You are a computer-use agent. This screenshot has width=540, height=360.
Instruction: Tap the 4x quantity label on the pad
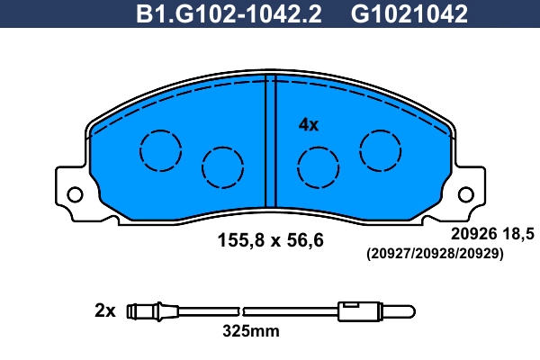309,125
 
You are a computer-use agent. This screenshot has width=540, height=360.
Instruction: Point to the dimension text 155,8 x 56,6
270,240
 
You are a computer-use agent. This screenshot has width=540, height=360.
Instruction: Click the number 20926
472,234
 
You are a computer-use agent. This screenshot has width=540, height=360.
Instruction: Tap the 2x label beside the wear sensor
105,311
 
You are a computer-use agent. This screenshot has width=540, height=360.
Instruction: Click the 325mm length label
251,331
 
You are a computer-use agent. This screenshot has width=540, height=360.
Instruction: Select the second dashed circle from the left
222,166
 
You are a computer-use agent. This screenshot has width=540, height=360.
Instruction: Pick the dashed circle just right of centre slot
318,166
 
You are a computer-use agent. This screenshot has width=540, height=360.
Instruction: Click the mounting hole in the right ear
464,194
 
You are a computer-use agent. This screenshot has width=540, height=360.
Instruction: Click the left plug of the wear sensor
143,312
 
